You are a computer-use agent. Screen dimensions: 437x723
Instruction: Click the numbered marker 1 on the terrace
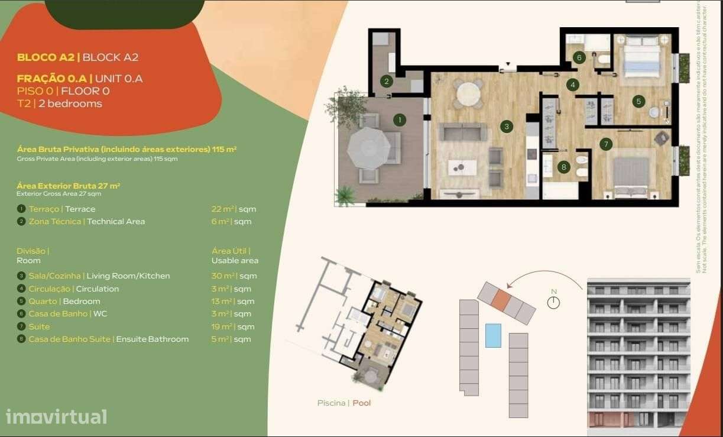point(400,120)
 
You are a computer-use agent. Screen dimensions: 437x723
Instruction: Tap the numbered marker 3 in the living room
point(506,125)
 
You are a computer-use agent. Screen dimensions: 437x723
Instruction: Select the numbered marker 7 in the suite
point(605,144)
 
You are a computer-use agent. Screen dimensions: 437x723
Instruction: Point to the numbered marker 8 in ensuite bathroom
point(563,167)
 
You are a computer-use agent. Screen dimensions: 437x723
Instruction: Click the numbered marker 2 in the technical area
point(386,82)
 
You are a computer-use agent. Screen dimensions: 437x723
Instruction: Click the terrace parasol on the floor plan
point(368,148)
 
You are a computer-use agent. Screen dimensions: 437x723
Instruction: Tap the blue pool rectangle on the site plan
point(493,335)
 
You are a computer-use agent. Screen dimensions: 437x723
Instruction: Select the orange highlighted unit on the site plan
point(500,300)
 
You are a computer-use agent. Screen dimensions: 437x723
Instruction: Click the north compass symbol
point(553,302)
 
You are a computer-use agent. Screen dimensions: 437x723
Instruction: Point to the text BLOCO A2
point(46,57)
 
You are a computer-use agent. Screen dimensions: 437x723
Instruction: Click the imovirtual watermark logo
point(56,416)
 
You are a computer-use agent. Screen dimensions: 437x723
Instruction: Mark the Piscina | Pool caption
point(344,403)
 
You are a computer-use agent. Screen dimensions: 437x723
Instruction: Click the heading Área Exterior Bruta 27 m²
point(69,186)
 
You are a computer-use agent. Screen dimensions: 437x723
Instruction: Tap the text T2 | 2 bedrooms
point(59,103)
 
